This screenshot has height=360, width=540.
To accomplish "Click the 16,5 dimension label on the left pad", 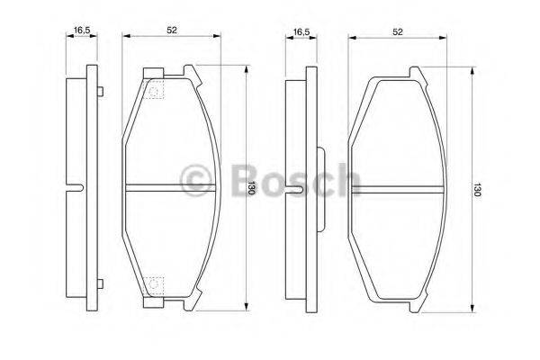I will (x=82, y=30).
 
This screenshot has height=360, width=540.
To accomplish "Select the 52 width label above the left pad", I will (x=171, y=30).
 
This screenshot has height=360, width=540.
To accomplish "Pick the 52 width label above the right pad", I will (x=397, y=31).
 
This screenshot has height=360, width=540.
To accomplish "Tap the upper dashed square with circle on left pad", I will (x=155, y=91).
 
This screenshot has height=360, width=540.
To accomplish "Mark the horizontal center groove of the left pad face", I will (x=171, y=188).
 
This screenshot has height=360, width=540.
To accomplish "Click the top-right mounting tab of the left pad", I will (x=190, y=72).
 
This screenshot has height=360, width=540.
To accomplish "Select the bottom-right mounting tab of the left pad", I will (x=190, y=303).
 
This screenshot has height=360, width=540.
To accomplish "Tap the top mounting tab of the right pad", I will (x=417, y=73).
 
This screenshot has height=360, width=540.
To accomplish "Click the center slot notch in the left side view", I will (x=76, y=188).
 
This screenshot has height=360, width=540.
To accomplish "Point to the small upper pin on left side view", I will (x=99, y=90).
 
